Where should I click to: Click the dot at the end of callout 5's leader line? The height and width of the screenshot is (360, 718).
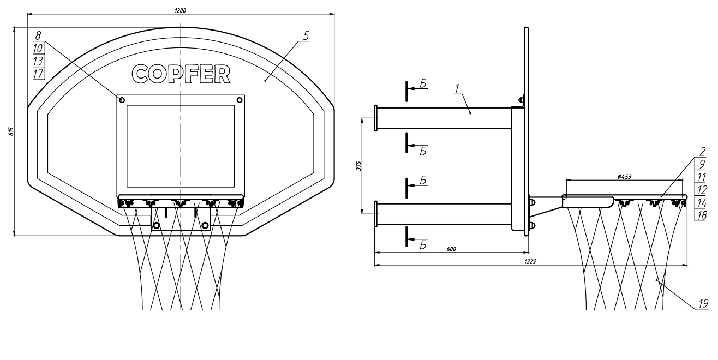[265, 81]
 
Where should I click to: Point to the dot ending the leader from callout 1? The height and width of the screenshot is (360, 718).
[470, 113]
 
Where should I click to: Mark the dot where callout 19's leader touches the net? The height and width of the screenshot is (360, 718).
[656, 280]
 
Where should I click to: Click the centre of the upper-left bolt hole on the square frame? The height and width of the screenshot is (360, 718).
[122, 100]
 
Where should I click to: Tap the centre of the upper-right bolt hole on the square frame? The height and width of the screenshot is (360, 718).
[240, 100]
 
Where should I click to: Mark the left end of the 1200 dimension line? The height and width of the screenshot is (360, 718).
[27, 14]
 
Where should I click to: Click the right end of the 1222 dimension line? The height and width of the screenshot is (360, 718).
[687, 265]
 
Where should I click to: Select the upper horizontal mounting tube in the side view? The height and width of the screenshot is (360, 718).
[444, 118]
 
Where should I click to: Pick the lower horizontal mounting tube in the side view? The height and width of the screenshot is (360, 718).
[444, 214]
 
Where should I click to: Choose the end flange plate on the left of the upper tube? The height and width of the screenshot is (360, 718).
[376, 118]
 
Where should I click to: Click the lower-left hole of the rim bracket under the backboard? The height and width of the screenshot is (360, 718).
[156, 226]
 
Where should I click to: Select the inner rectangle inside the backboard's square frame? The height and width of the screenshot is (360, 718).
[181, 146]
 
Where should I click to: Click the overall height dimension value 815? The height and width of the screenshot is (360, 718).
[11, 131]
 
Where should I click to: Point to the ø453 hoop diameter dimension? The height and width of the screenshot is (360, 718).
[624, 177]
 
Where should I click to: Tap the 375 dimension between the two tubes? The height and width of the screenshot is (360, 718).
[358, 166]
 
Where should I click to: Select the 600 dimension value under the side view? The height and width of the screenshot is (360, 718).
[451, 249]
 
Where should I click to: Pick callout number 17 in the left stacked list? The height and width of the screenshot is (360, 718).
[38, 74]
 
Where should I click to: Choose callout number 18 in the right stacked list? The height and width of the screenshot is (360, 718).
[701, 215]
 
